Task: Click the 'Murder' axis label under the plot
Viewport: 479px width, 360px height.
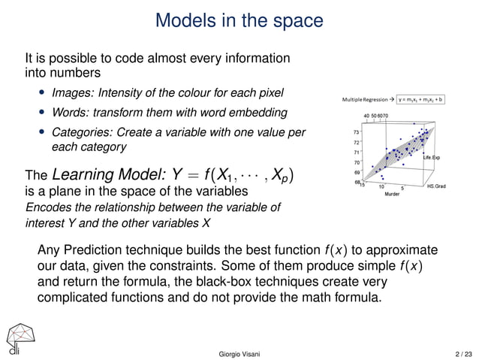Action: click(391, 194)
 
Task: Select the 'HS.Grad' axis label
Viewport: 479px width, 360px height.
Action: click(436, 186)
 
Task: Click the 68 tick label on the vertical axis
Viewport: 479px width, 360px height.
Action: click(356, 181)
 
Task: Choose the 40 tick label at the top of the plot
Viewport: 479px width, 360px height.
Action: click(366, 115)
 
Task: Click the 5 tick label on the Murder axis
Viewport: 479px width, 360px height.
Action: click(403, 187)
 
